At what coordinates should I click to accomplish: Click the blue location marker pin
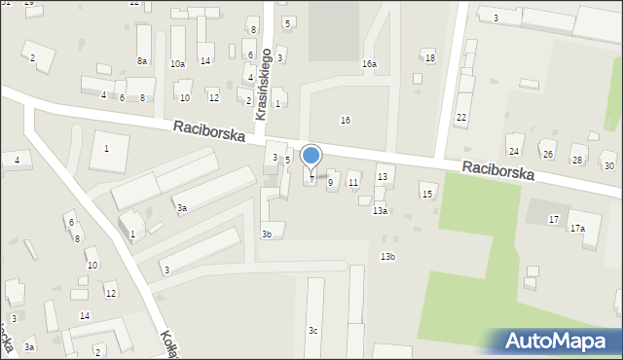point(311,156)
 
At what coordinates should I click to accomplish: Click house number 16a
point(369,64)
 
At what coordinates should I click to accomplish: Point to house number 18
point(430,58)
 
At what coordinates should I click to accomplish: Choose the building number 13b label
point(387,256)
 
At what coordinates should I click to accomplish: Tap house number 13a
point(380,210)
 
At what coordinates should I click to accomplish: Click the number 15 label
point(426,195)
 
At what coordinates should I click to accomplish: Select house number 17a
point(577,228)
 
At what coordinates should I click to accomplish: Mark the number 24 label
point(514,151)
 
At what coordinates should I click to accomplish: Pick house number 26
point(547,155)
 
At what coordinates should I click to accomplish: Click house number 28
point(576,161)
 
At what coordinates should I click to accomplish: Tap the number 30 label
point(608,166)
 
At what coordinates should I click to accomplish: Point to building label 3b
point(267,234)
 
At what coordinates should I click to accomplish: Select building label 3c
point(312,331)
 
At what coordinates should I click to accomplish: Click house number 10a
point(177,64)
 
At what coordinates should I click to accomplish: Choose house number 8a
point(142,61)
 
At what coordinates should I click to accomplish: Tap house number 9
point(330,182)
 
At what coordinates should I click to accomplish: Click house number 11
point(353,183)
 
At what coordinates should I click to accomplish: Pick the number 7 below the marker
point(311,178)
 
